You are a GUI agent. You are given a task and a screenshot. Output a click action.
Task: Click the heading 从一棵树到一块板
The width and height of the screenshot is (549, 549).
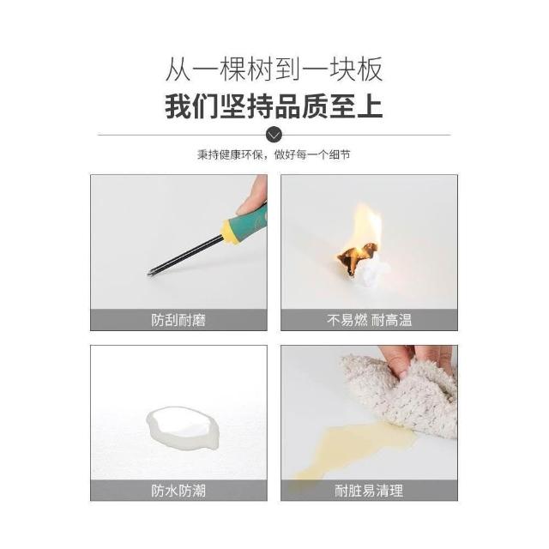(274, 69)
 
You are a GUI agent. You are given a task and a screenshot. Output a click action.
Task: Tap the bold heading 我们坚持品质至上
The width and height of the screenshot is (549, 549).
(274, 106)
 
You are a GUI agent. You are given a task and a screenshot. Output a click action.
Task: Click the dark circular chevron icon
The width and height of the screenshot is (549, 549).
(274, 135)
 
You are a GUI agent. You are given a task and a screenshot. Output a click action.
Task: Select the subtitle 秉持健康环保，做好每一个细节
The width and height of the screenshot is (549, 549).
(274, 154)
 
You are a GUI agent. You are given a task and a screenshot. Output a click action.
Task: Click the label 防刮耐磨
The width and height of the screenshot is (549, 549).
(178, 320)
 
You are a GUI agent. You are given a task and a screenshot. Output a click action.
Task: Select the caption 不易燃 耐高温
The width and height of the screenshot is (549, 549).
(369, 320)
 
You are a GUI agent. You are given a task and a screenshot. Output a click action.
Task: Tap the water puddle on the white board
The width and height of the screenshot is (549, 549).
(182, 428)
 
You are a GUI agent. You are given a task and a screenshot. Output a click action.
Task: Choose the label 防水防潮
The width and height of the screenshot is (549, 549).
(178, 491)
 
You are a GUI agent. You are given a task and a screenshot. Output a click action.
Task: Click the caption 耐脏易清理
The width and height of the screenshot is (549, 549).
(369, 491)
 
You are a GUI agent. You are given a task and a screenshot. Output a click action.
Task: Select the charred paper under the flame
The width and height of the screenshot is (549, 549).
(357, 257)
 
